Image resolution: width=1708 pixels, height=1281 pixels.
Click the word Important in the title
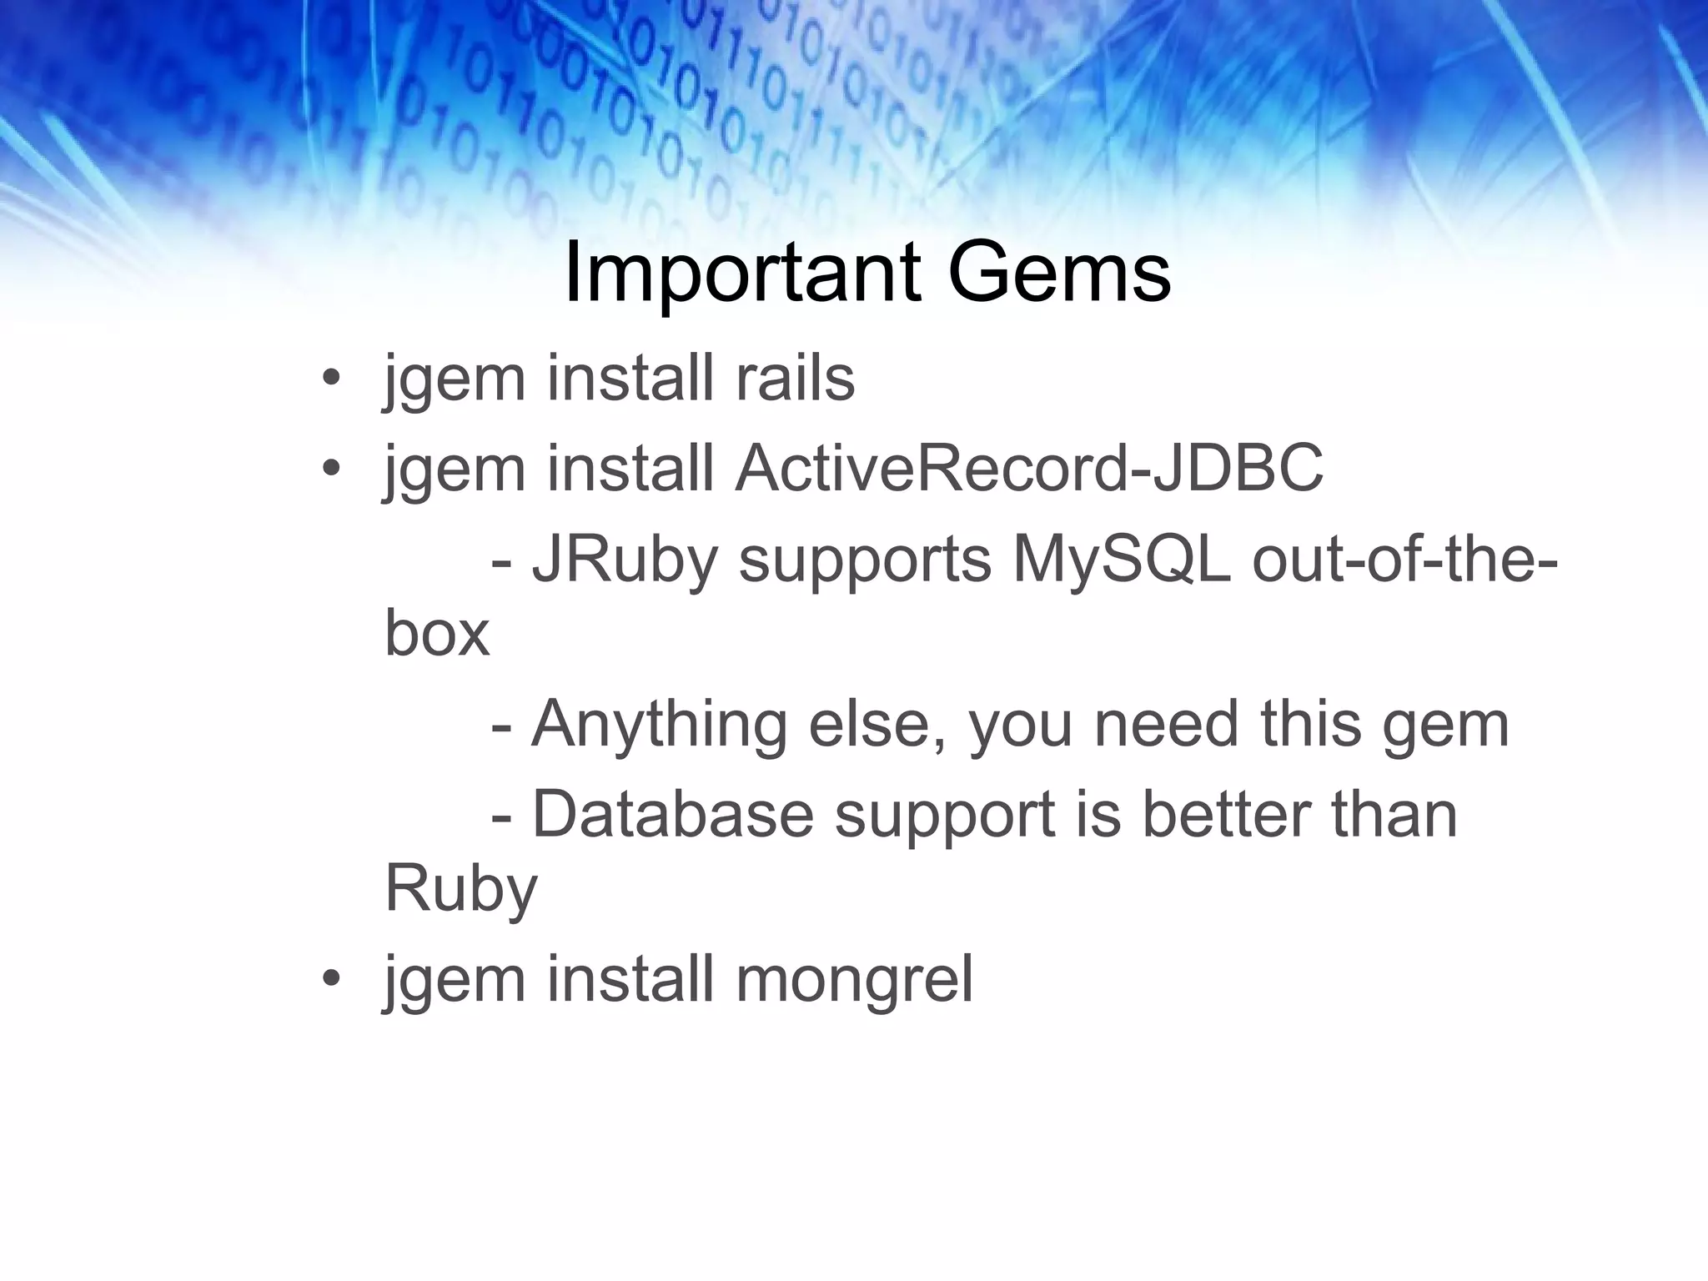click(x=743, y=274)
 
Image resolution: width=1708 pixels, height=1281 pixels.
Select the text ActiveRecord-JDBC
click(x=1029, y=469)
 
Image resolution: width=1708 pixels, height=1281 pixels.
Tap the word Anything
click(x=659, y=724)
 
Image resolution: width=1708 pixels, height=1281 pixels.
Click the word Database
click(x=672, y=815)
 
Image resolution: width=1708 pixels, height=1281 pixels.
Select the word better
click(x=1225, y=815)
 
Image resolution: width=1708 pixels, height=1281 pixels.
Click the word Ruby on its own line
click(x=461, y=889)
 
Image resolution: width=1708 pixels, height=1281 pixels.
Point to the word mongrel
click(x=854, y=979)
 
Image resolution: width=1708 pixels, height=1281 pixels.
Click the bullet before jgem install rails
click(x=331, y=379)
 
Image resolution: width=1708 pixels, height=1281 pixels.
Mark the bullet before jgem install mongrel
click(x=331, y=980)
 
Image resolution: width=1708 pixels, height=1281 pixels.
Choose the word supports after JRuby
click(x=865, y=560)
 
